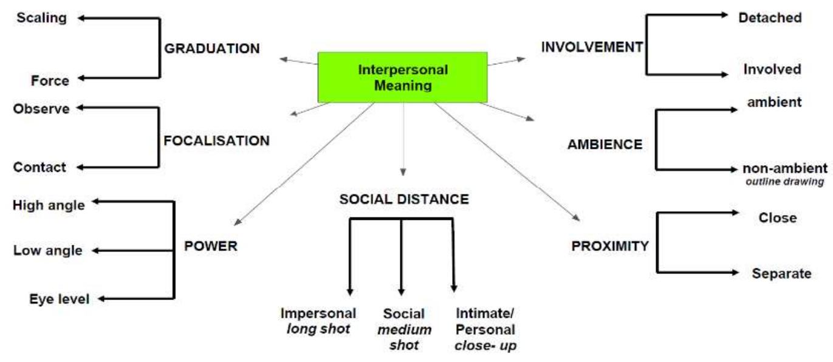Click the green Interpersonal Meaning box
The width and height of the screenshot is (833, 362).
click(x=402, y=77)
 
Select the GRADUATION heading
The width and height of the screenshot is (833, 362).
click(x=213, y=49)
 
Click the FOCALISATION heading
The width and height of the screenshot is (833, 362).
click(x=217, y=140)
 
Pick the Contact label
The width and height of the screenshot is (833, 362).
click(x=41, y=167)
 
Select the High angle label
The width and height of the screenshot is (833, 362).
click(x=49, y=205)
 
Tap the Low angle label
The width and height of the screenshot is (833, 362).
click(x=47, y=250)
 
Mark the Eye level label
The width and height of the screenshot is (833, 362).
click(x=59, y=299)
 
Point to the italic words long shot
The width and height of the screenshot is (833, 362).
click(x=318, y=330)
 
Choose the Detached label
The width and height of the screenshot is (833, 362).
click(x=770, y=18)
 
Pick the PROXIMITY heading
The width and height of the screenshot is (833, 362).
click(x=610, y=247)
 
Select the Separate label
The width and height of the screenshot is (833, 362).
click(x=781, y=273)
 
